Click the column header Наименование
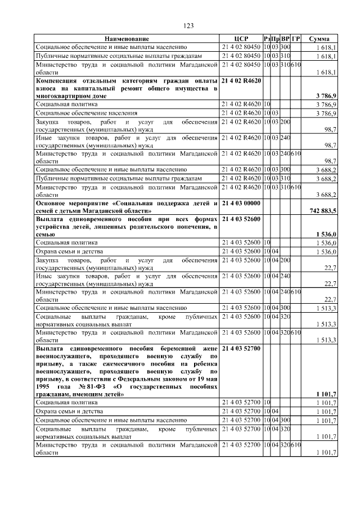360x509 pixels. point(127,38)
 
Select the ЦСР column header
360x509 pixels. point(241,38)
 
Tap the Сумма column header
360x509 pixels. point(319,38)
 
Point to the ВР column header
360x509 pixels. point(285,38)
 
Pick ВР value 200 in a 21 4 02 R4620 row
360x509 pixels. point(285,122)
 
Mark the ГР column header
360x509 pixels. point(296,38)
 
